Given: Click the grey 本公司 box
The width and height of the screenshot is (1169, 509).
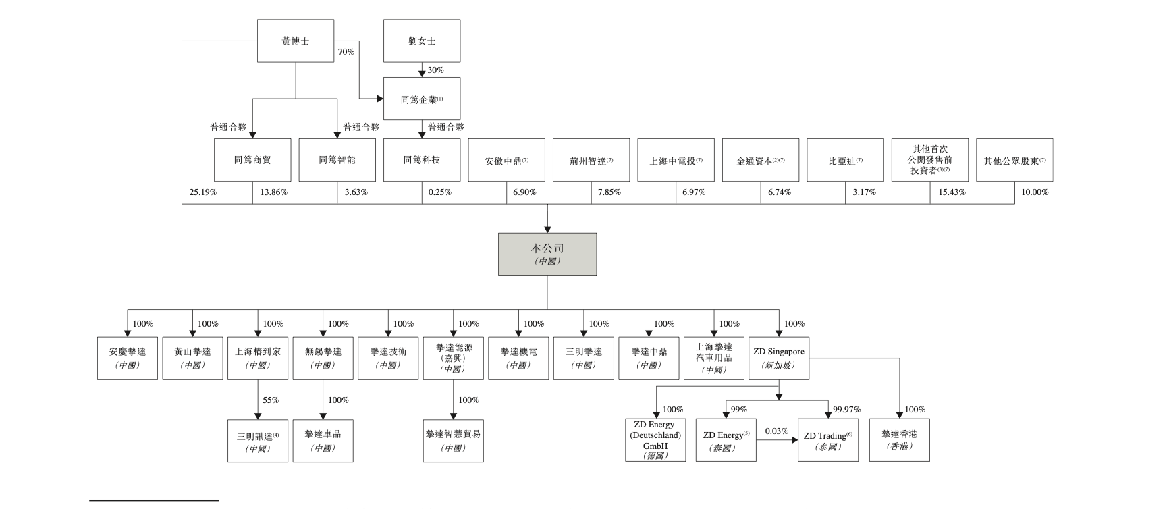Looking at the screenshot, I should pyautogui.click(x=547, y=254).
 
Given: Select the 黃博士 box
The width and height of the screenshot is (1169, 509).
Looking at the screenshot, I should pyautogui.click(x=296, y=41).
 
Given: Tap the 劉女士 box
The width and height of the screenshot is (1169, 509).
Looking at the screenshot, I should pyautogui.click(x=422, y=41).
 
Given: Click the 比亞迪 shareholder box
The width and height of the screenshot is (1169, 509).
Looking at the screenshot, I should pyautogui.click(x=845, y=161).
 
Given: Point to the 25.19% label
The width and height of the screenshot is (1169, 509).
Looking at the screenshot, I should pyautogui.click(x=202, y=192).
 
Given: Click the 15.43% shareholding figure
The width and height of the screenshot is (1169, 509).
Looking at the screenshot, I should pyautogui.click(x=952, y=192).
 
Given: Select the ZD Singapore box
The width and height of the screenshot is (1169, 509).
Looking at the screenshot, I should pyautogui.click(x=779, y=358).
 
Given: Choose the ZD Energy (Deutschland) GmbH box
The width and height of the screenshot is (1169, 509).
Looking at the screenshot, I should pyautogui.click(x=655, y=440).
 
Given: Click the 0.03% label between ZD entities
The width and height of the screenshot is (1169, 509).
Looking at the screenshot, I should pyautogui.click(x=776, y=431).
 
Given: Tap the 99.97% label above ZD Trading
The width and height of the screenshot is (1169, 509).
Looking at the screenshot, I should pyautogui.click(x=846, y=410).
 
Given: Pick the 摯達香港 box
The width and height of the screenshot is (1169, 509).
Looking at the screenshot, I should pyautogui.click(x=899, y=440).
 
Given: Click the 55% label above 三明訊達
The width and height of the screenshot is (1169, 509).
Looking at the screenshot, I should pyautogui.click(x=271, y=400).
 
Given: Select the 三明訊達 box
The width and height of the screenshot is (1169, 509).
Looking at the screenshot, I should pyautogui.click(x=258, y=441).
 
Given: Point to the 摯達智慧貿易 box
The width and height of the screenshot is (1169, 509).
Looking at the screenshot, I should pyautogui.click(x=454, y=440).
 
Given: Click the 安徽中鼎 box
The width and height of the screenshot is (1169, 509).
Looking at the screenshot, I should pyautogui.click(x=506, y=161).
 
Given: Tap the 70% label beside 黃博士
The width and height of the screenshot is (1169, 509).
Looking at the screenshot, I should pyautogui.click(x=346, y=52).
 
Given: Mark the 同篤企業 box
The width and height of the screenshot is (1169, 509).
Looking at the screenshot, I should pyautogui.click(x=422, y=99).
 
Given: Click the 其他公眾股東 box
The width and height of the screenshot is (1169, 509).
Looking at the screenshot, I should pyautogui.click(x=1014, y=161).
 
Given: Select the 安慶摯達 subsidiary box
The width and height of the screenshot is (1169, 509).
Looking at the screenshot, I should pyautogui.click(x=128, y=358).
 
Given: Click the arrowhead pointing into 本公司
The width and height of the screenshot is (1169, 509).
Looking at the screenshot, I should pyautogui.click(x=547, y=229).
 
